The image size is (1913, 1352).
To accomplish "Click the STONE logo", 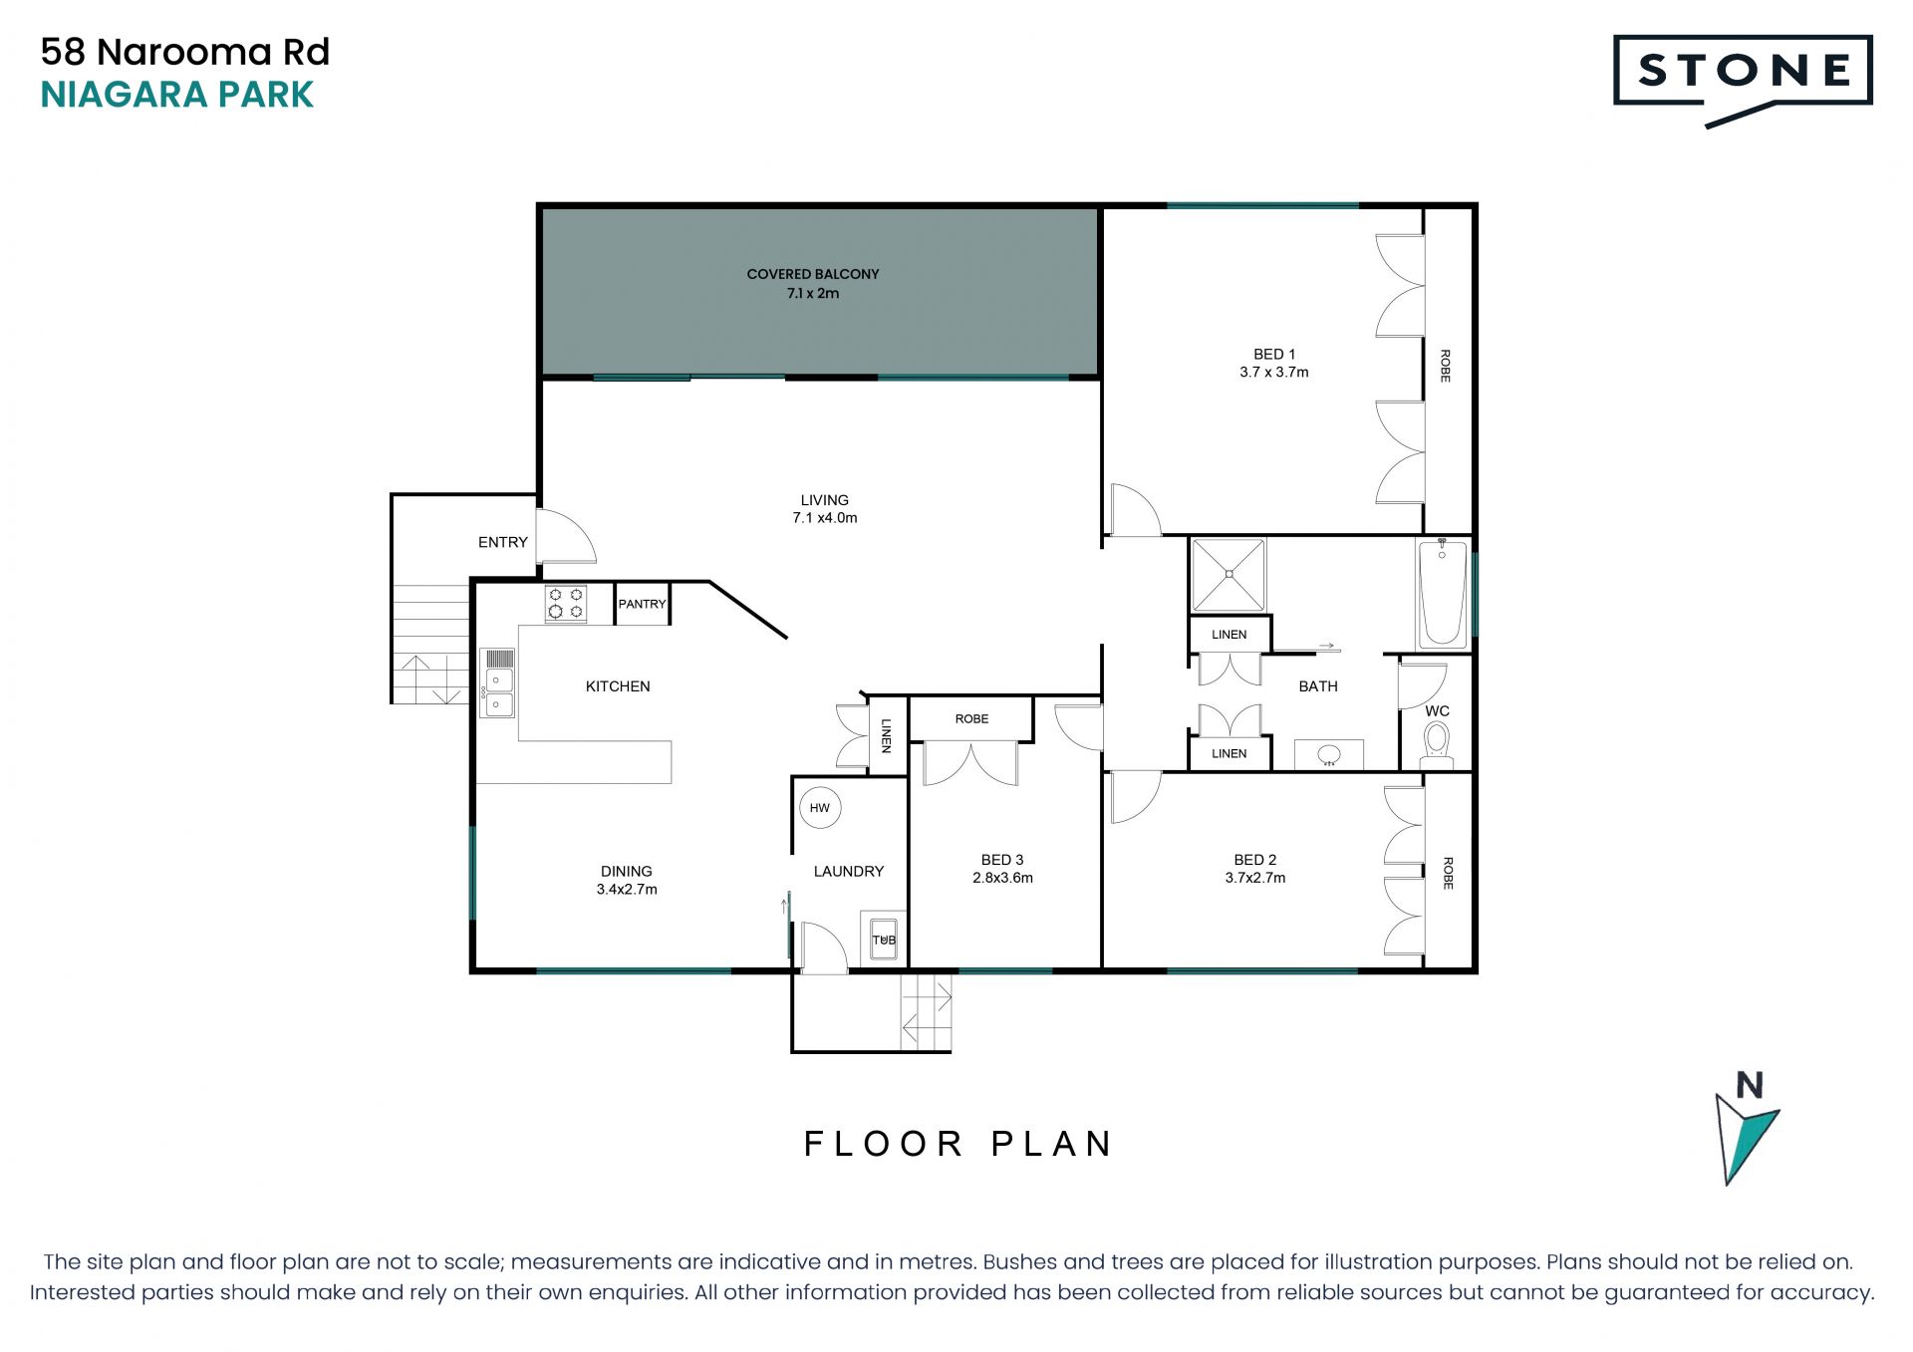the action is [x=1743, y=80].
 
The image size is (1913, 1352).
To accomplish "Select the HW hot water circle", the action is [x=820, y=808].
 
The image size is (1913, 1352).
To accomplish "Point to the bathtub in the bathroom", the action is [x=1442, y=594].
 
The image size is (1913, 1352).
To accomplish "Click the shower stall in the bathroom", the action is [x=1230, y=575].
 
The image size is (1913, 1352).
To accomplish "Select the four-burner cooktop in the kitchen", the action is [x=566, y=604].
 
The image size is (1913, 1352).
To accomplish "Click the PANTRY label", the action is [x=642, y=604].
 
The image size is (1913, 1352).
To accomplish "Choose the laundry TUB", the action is [x=884, y=939].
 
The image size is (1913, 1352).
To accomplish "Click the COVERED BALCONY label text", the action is [x=813, y=274].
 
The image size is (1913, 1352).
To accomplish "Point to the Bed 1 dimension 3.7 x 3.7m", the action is [x=1274, y=373].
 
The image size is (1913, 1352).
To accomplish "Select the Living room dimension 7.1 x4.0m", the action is [x=825, y=518].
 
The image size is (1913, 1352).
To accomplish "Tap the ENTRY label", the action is [x=503, y=542].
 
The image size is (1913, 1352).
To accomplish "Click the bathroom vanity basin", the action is [x=1329, y=755].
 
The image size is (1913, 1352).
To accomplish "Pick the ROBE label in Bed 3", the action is [x=971, y=719].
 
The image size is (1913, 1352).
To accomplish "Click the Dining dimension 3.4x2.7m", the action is [x=627, y=890].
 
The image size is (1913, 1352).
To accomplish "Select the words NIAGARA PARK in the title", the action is [x=177, y=95].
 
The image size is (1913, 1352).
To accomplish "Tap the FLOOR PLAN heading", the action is [x=957, y=1144].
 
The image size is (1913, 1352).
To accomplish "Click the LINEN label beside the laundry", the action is [x=886, y=735].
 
